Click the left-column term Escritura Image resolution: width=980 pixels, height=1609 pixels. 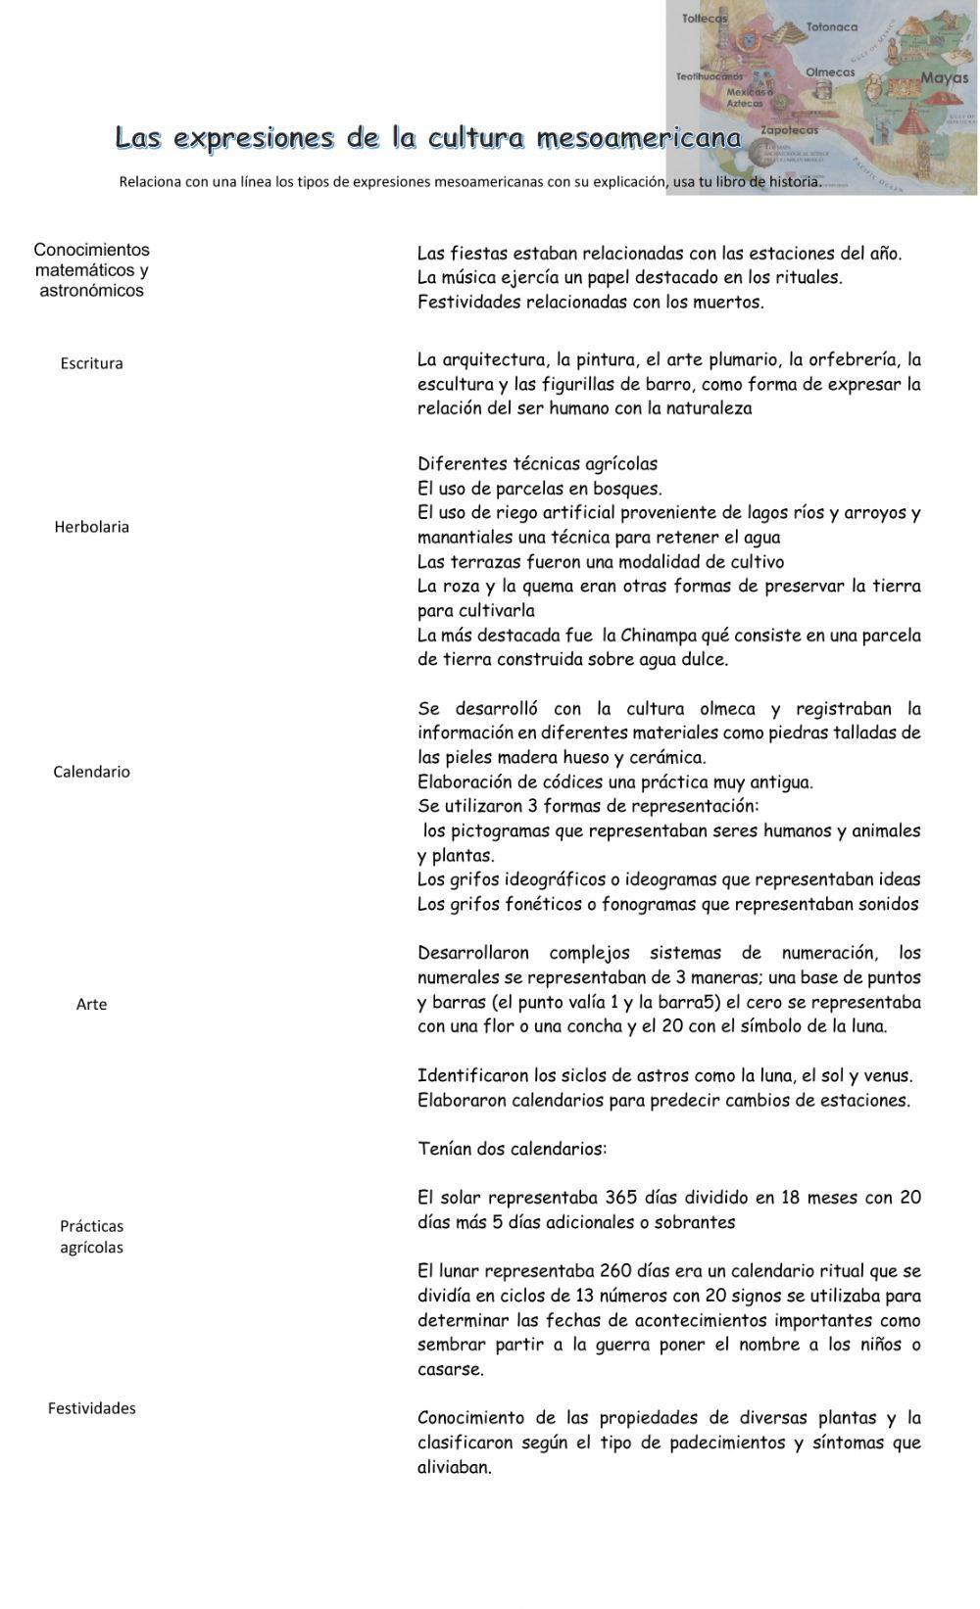[91, 363]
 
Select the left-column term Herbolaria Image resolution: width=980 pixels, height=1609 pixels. [91, 527]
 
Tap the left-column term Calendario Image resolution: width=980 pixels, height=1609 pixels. [91, 772]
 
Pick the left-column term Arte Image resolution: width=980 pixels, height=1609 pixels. [91, 1004]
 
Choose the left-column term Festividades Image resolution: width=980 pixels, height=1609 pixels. [91, 1408]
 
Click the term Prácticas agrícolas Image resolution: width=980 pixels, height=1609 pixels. [91, 1236]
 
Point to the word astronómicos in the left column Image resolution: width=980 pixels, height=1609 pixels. [91, 291]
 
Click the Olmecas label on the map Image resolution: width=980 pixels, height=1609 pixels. [830, 72]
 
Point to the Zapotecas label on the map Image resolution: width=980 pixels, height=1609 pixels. [789, 130]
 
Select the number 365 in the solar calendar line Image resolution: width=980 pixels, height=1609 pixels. [621, 1198]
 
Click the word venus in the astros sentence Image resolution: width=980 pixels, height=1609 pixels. [888, 1076]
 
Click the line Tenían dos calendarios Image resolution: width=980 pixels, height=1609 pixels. [512, 1149]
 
